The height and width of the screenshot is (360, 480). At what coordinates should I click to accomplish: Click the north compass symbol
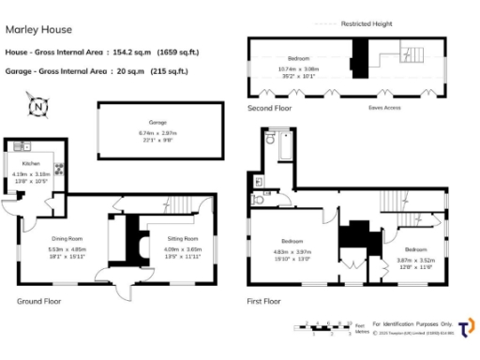[37, 107]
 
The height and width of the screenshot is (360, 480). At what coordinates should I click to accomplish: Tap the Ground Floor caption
[39, 302]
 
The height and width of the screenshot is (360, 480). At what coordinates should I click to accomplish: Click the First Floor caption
[267, 302]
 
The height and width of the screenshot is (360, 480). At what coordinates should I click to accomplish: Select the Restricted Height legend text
[367, 22]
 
